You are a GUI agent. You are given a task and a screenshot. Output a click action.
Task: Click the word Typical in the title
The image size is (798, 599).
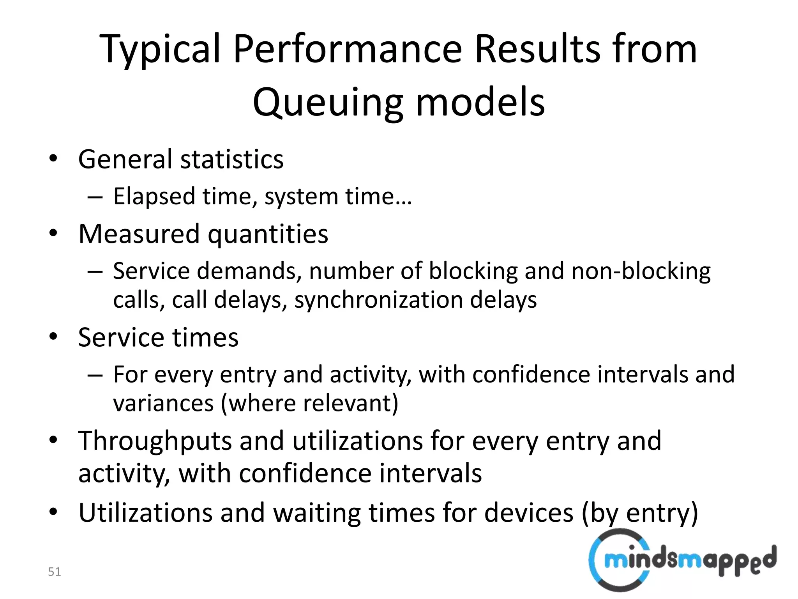coord(160,50)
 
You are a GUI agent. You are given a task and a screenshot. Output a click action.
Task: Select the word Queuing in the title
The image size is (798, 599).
coord(327,103)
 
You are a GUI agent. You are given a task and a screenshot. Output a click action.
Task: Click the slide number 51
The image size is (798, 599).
coord(54,572)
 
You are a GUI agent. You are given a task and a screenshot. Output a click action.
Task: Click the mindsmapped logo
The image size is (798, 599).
coord(682,560)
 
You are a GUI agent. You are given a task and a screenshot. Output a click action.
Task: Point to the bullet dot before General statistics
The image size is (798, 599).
coord(53,159)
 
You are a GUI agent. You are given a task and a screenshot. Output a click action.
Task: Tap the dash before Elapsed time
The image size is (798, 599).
coord(95,197)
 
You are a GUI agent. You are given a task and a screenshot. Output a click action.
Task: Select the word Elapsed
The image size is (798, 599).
coord(154,196)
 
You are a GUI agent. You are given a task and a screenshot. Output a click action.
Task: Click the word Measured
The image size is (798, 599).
coord(139,234)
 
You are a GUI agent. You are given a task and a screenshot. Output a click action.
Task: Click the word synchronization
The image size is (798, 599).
coord(378,300)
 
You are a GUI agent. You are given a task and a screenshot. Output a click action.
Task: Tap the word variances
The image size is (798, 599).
coord(163,403)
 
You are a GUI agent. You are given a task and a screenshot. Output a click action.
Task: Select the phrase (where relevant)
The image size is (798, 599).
coord(310,403)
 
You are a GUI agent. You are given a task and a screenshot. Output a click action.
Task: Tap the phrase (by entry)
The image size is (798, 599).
coord(639,513)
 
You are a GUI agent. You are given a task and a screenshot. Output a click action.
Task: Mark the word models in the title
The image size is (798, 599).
coord(480,103)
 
